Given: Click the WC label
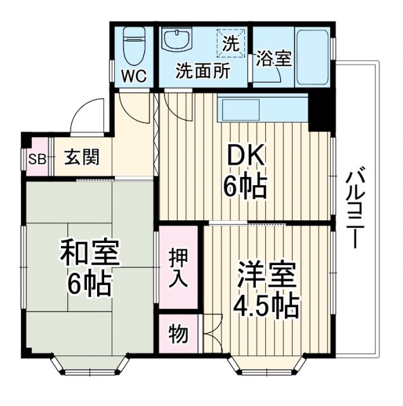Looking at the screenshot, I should click(x=135, y=76).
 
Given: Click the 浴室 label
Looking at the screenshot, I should click(x=274, y=59).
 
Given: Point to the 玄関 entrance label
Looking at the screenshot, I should click(x=81, y=157).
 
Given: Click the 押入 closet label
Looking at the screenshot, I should click(x=178, y=266).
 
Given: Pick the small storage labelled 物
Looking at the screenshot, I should click(x=178, y=332).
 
